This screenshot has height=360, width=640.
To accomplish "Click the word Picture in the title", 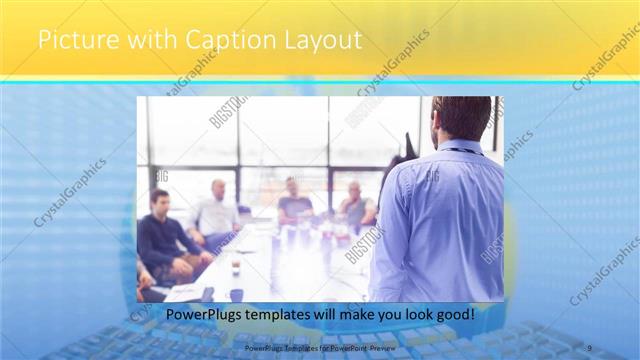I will tap(72, 41).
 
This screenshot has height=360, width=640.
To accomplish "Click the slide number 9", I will tap(590, 348).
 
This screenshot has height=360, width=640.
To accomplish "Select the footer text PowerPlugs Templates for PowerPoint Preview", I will tap(319, 348).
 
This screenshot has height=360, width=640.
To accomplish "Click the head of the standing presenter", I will tap(462, 118).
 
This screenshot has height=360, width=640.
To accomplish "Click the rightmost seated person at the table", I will tap(354, 205).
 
